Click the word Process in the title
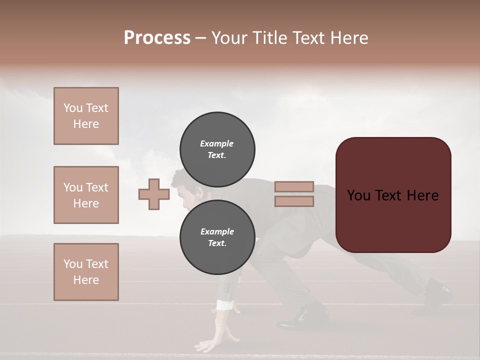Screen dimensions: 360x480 [157, 38]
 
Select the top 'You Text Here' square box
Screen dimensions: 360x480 [86, 116]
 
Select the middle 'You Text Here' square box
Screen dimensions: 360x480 [86, 195]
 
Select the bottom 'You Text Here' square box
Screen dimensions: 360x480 [86, 272]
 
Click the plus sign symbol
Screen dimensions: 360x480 [153, 194]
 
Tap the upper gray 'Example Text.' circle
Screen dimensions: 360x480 [217, 149]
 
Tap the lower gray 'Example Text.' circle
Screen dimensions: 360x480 [217, 237]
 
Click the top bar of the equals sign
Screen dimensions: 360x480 [294, 187]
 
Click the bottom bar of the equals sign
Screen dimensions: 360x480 [294, 201]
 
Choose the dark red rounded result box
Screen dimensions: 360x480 [393, 195]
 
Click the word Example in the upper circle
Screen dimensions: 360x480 [217, 143]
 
